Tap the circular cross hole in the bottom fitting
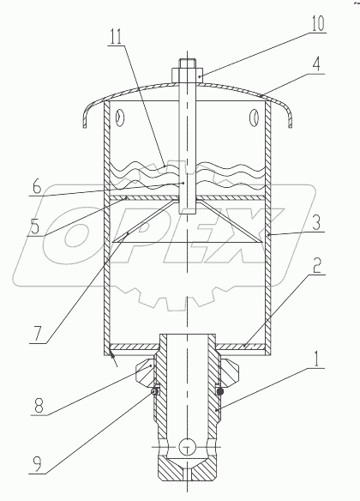189,446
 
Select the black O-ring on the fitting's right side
220,390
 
